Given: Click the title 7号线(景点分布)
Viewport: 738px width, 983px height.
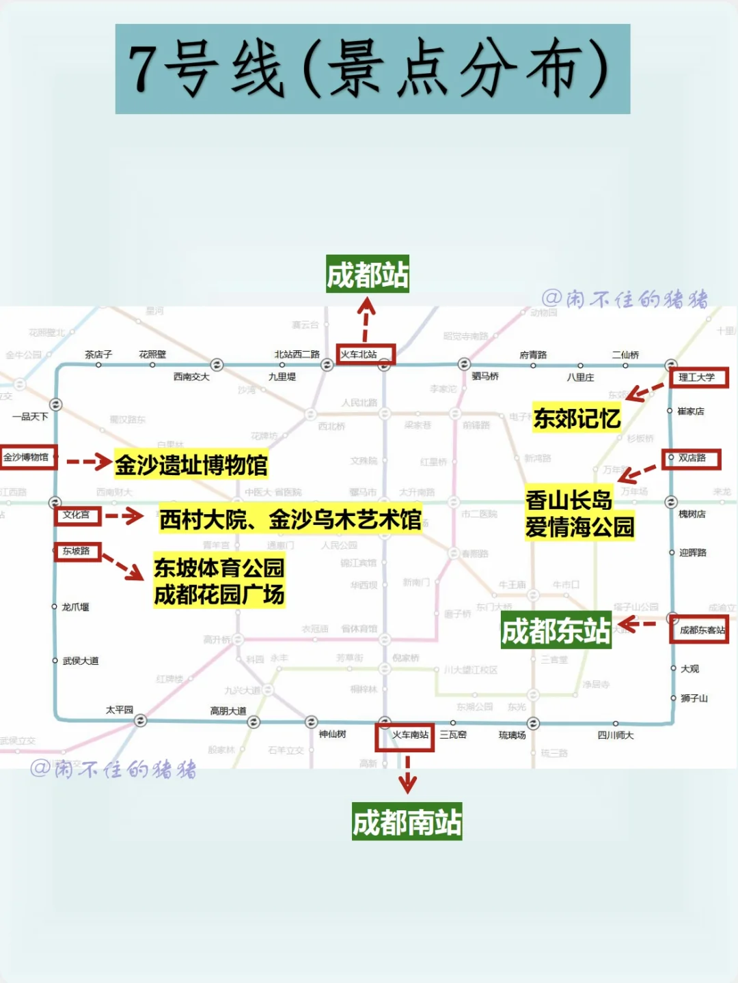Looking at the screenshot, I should pos(372,69).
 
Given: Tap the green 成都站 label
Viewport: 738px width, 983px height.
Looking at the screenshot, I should pos(367,274).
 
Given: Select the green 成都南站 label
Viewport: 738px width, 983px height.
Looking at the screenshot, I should pos(407,822).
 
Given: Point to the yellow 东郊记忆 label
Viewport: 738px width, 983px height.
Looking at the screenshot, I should pos(577,418).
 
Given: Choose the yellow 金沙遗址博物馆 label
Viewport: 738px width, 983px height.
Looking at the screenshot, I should pos(191,465).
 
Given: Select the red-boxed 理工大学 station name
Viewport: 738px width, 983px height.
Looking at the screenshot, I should pos(698,377).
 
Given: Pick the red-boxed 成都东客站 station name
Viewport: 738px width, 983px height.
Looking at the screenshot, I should pos(700,630).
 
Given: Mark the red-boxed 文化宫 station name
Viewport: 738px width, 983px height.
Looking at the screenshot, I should pos(77,515).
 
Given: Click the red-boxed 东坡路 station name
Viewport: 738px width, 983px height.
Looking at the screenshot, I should pos(77,552).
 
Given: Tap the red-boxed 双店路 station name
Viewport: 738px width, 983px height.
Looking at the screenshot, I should pos(692,459).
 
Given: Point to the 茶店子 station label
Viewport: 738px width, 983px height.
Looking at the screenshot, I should pos(98,354).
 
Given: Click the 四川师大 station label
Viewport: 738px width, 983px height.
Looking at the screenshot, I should pos(616,735).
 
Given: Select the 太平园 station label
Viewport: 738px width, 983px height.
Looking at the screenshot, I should pos(120,710).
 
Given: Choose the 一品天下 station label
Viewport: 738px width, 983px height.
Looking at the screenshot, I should pos(30,416).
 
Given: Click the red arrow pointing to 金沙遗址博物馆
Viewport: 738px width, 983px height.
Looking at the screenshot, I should pos(89,462).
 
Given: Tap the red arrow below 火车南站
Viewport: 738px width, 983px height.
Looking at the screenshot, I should pos(407,775).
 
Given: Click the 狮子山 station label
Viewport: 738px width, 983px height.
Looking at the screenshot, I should pos(694,698).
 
